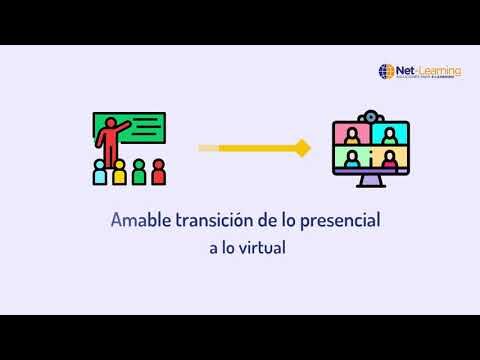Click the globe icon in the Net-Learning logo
pyautogui.click(x=386, y=71)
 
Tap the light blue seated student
pyautogui.click(x=100, y=173)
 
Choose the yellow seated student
pyautogui.click(x=119, y=173)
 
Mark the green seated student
pyautogui.click(x=138, y=173)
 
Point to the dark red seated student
pyautogui.click(x=157, y=173)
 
